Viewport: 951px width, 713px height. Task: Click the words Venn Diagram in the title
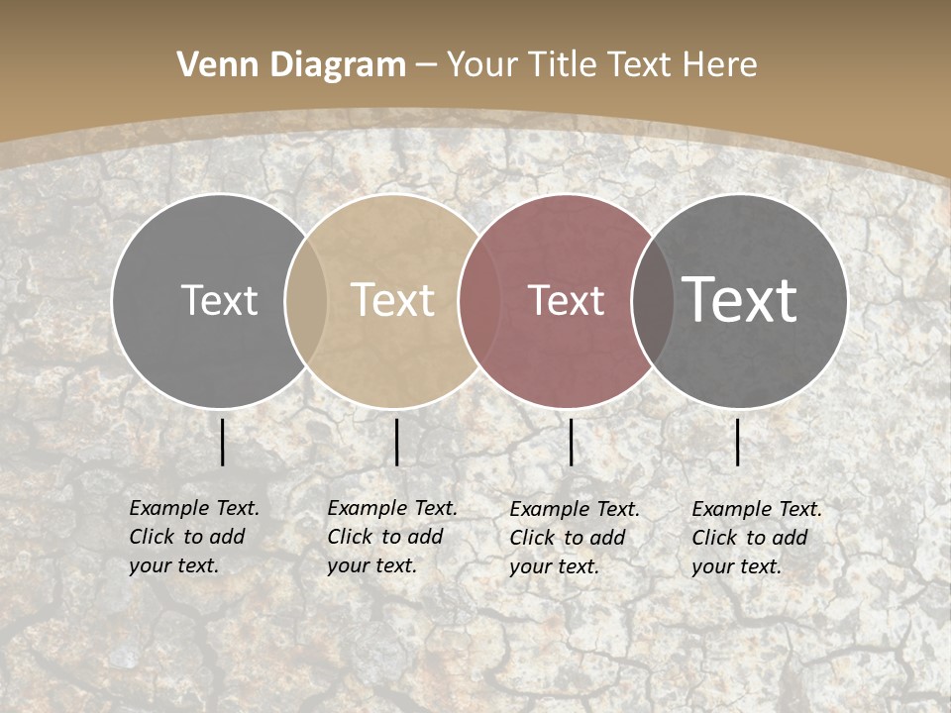pos(291,65)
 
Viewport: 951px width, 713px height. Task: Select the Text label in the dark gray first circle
pos(219,300)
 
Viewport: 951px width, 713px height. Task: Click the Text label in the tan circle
pos(392,300)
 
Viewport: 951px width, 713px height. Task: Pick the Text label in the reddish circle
pos(566,300)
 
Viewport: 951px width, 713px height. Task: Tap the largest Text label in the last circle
pos(739,299)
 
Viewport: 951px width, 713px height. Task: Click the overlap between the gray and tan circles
pos(306,300)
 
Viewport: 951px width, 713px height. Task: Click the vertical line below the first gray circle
pos(222,442)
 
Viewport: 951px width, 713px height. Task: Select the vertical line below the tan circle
pos(396,442)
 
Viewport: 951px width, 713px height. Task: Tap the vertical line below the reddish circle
pos(571,442)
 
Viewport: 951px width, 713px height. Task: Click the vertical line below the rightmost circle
pos(738,442)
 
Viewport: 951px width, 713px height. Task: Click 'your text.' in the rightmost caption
pos(736,567)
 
